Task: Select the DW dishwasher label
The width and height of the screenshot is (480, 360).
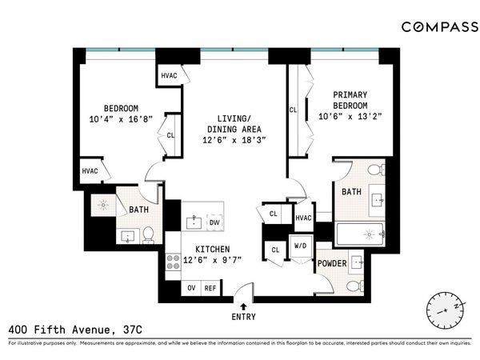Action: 214,222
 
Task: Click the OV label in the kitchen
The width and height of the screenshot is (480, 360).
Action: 191,287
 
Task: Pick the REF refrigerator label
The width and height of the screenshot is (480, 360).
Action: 211,287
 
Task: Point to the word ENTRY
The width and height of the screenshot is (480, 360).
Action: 245,317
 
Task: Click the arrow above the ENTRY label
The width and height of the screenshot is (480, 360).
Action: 245,305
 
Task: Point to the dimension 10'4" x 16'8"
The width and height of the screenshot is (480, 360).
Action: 121,121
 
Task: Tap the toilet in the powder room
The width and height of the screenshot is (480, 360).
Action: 354,286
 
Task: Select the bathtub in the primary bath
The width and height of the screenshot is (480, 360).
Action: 359,234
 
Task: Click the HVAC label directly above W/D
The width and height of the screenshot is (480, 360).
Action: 303,218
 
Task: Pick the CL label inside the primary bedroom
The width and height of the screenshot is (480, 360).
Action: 293,110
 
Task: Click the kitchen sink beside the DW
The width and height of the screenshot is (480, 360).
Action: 194,222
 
